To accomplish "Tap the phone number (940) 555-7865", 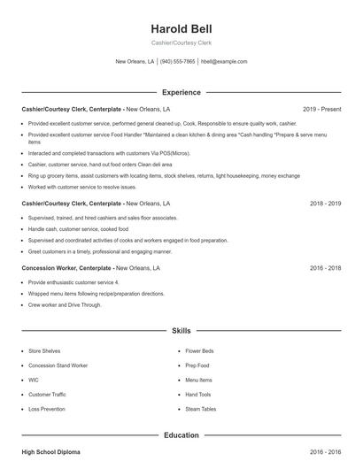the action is (x=178, y=62).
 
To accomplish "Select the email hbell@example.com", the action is (x=224, y=62).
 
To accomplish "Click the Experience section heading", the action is (x=181, y=92).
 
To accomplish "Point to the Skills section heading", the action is (x=181, y=331).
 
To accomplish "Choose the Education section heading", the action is (x=181, y=435).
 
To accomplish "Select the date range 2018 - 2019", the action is (x=326, y=204).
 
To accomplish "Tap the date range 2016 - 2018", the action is (x=326, y=267).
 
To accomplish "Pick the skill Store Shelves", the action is (x=44, y=350).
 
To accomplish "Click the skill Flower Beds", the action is (x=198, y=350).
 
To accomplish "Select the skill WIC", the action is (x=34, y=380).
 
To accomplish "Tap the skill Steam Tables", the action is (x=200, y=409).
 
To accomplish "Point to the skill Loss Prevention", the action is (x=46, y=409).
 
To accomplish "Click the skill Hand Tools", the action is (x=197, y=395).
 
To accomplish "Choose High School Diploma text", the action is (x=50, y=452).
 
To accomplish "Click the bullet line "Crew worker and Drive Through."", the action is (x=64, y=304).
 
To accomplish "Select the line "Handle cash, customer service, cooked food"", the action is (x=77, y=229).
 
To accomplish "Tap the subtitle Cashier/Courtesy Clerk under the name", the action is (x=181, y=43).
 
